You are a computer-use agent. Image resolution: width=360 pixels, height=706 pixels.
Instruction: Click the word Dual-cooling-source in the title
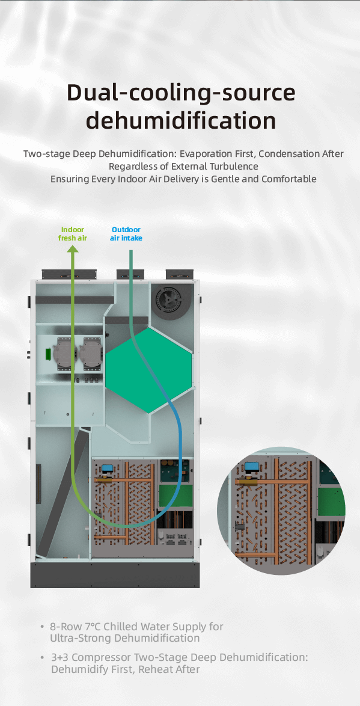pyautogui.click(x=181, y=93)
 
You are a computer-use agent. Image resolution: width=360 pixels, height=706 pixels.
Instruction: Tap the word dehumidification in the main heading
pyautogui.click(x=181, y=120)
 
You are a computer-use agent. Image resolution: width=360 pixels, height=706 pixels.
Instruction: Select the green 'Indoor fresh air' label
pyautogui.click(x=73, y=234)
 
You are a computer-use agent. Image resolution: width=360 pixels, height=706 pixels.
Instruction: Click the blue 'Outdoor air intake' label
pyautogui.click(x=126, y=234)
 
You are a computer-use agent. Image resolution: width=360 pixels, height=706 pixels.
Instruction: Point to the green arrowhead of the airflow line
pyautogui.click(x=73, y=248)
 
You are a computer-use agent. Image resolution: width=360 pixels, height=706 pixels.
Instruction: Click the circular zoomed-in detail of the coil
pyautogui.click(x=281, y=511)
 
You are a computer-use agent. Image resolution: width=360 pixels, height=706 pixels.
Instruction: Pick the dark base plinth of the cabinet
pyautogui.click(x=115, y=574)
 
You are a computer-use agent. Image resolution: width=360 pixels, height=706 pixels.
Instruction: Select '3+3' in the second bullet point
pyautogui.click(x=60, y=657)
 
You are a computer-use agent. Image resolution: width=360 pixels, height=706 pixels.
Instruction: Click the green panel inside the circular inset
pyautogui.click(x=331, y=501)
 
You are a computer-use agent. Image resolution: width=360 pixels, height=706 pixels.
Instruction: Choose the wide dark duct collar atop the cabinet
pyautogui.click(x=69, y=274)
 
